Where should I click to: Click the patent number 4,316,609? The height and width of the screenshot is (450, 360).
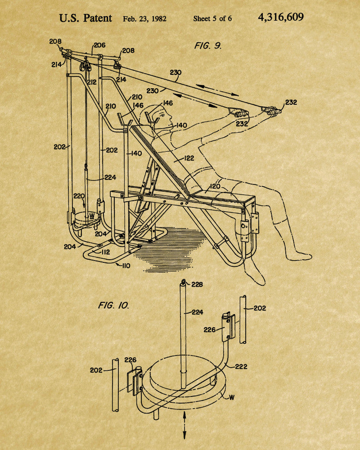280,18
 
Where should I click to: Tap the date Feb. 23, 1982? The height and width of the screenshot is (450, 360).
145,19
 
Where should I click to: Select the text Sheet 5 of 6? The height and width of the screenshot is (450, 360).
212,18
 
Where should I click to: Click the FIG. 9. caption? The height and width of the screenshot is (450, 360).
208,45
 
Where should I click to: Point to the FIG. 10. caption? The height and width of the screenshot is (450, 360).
114,305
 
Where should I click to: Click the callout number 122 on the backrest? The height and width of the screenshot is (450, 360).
189,158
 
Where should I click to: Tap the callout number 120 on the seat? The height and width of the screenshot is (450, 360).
215,186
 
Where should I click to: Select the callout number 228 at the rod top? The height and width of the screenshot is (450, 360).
197,284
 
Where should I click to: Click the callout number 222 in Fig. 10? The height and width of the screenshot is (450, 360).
241,366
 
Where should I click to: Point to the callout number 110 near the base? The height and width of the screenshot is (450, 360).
126,266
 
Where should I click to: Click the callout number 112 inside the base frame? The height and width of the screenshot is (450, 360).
105,252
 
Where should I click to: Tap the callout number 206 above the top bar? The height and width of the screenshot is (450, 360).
99,45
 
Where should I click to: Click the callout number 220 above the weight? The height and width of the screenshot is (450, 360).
79,196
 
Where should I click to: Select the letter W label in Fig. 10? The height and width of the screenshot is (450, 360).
232,397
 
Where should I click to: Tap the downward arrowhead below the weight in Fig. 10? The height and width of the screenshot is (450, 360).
184,435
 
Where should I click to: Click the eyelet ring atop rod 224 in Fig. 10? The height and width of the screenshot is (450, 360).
184,281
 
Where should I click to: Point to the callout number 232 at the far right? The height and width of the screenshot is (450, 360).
291,103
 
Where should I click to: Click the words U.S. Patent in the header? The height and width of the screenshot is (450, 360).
85,18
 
